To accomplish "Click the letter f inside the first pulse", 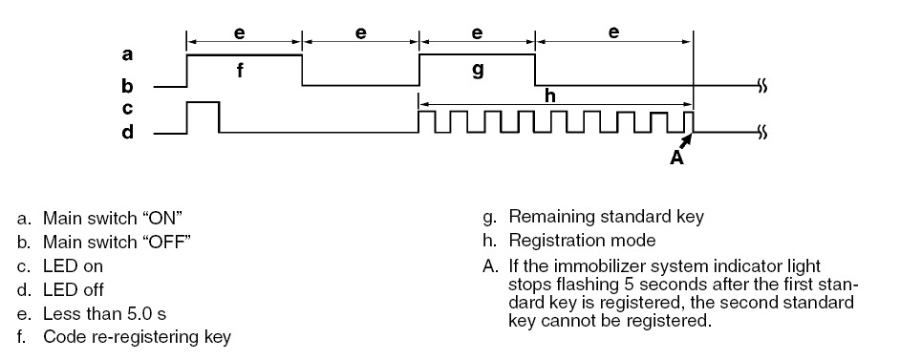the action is click(x=240, y=71).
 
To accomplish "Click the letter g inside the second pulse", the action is click(x=478, y=71).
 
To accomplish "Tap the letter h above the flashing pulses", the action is click(x=550, y=95).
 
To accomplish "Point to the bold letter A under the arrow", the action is click(x=677, y=158).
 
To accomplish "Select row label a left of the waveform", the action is click(x=127, y=55).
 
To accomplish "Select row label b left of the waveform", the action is click(x=127, y=86).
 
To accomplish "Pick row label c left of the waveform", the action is click(x=127, y=108).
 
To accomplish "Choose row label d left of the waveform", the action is click(x=127, y=132).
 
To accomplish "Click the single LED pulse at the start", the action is click(x=203, y=102).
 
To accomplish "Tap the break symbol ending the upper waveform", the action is click(x=762, y=87).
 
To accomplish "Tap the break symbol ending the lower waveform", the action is click(x=762, y=134).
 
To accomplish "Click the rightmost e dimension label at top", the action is click(x=613, y=32).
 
